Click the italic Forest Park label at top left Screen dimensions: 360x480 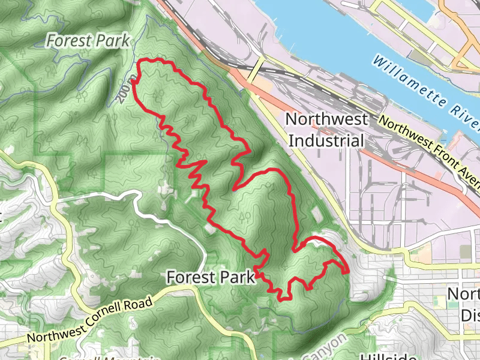tap(88, 41)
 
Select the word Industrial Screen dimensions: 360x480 tap(326, 140)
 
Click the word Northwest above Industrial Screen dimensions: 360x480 tap(326, 119)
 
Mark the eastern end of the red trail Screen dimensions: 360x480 tap(348, 272)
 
